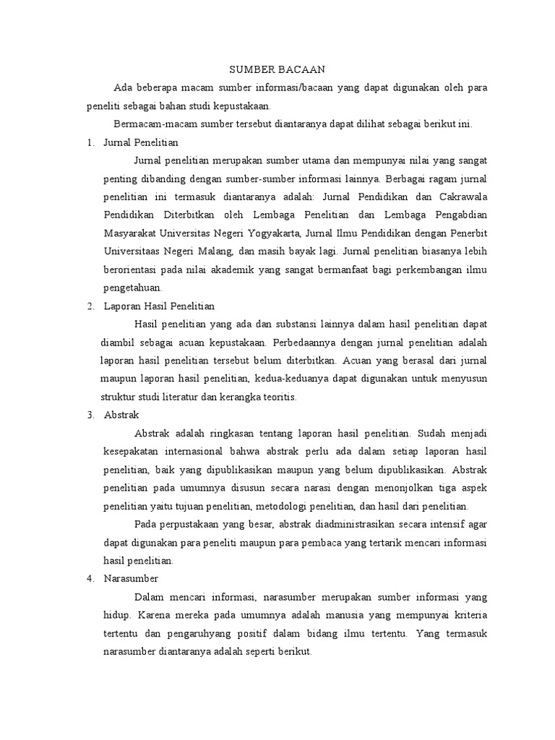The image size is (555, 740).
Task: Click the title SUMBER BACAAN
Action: point(277,69)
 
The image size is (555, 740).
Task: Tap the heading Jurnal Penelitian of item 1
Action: point(141,142)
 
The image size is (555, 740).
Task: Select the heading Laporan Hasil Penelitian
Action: point(160,306)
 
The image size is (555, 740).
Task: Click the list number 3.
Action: point(90,416)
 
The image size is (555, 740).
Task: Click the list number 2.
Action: point(90,306)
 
